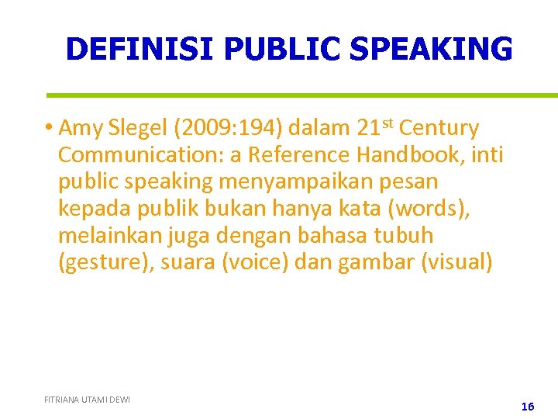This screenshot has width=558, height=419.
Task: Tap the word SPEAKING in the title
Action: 431,49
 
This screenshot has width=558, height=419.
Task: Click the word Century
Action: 439,128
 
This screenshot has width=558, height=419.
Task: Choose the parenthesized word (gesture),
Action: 106,263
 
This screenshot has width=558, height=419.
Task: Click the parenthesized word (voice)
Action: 257,263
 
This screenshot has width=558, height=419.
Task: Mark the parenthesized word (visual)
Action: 456,263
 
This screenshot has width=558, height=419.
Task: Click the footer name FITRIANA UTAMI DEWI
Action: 87,400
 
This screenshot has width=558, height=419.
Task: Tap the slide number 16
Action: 528,406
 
